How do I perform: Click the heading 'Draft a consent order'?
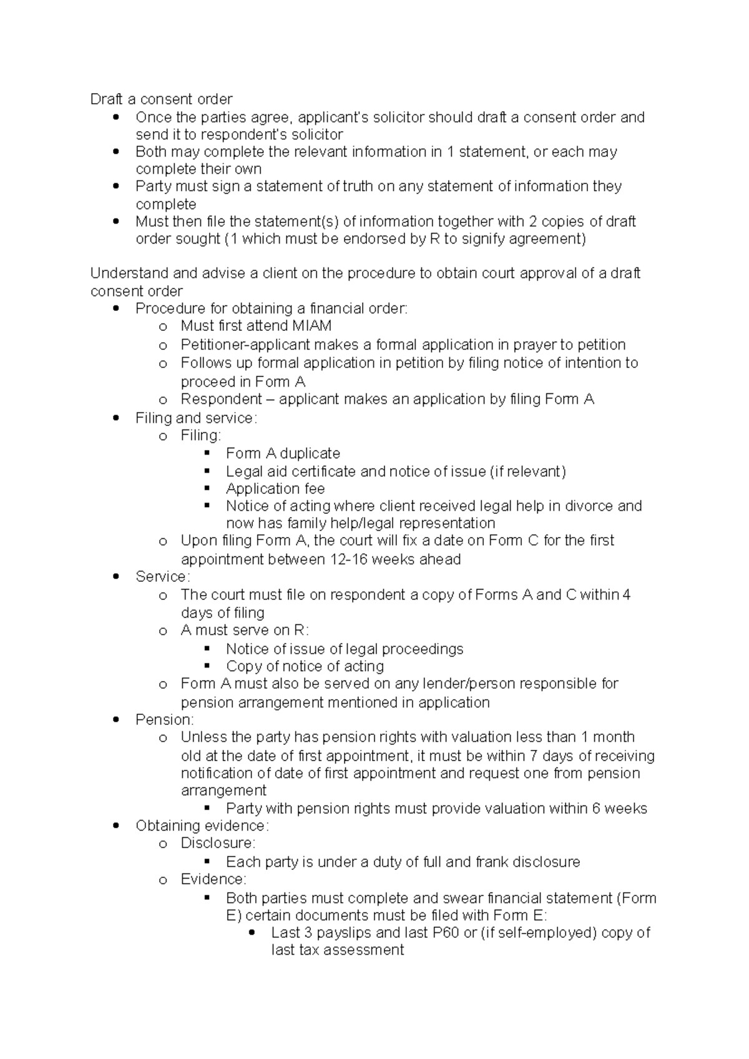point(161,99)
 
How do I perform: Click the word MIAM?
point(310,326)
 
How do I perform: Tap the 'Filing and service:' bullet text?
point(196,418)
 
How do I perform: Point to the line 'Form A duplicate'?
point(283,453)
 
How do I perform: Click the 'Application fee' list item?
point(275,488)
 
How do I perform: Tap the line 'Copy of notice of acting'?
point(305,666)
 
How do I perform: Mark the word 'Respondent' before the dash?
point(221,400)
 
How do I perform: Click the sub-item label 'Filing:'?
point(200,435)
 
